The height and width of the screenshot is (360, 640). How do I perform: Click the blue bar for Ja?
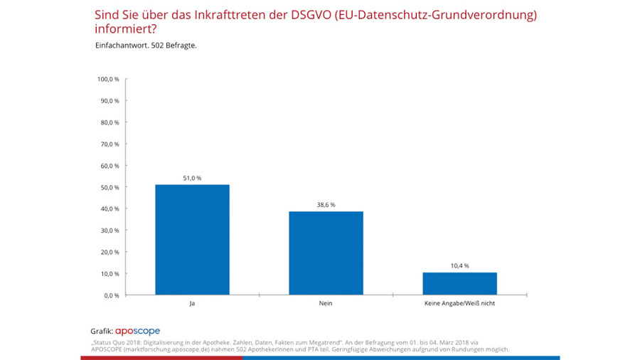point(192,240)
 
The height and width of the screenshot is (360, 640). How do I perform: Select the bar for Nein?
point(326,253)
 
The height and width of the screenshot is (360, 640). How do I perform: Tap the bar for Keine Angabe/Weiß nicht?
point(459,283)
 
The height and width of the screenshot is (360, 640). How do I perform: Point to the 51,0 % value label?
point(192,177)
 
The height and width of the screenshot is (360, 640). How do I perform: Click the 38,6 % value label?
point(326,204)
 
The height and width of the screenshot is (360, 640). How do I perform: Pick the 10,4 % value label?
point(459,265)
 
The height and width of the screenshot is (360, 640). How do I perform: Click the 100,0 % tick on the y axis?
point(108,79)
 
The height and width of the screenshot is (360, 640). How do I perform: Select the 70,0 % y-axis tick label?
point(110,144)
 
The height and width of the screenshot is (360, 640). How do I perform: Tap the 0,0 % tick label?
point(112,295)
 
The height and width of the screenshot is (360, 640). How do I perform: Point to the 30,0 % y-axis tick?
point(110,231)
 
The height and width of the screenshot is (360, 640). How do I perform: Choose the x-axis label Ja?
point(192,303)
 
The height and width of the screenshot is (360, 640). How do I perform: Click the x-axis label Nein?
point(326,303)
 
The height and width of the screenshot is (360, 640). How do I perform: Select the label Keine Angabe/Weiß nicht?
point(459,303)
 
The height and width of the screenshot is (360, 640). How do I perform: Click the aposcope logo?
point(138,331)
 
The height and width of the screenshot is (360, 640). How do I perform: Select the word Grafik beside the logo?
point(102,332)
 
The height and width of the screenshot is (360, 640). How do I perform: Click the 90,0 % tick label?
point(110,101)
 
